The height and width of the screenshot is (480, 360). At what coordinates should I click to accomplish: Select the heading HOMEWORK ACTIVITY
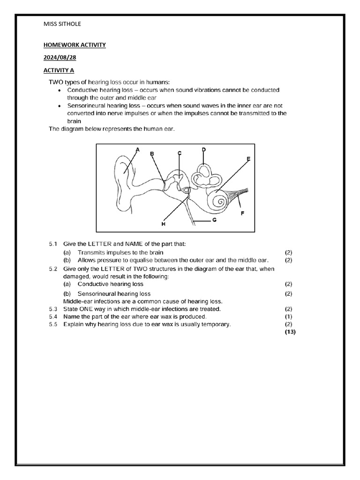tap(75, 45)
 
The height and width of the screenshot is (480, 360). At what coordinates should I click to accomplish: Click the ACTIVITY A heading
tap(59, 70)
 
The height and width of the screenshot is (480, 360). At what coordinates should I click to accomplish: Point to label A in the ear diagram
tap(137, 150)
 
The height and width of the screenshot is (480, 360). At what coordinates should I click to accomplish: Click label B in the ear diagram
tap(152, 153)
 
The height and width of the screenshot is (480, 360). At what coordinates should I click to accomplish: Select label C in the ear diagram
tap(180, 153)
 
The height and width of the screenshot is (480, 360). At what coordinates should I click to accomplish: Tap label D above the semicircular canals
tap(204, 150)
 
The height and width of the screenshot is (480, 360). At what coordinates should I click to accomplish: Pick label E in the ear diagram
tap(248, 159)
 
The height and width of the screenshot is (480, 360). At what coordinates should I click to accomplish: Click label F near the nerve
tap(242, 213)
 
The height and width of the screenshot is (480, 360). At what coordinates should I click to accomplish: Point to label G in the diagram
tap(214, 219)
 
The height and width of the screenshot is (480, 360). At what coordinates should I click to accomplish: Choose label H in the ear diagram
tap(164, 225)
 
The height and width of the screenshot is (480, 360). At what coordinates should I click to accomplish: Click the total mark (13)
tap(291, 332)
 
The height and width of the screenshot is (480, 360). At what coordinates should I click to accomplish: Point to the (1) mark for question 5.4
tap(289, 317)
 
